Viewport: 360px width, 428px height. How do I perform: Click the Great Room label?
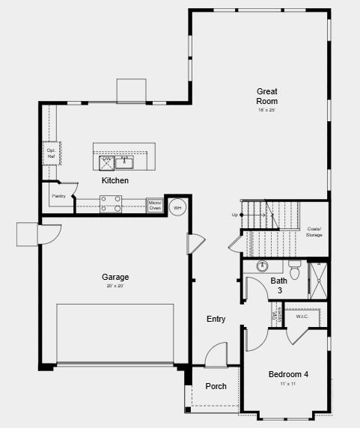point(266,96)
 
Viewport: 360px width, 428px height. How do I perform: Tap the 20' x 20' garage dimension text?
point(115,287)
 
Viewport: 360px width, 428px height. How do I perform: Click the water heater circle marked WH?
point(178,207)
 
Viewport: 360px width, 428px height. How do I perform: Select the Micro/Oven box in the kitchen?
point(155,205)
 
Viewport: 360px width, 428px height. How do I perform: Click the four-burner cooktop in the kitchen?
point(112,204)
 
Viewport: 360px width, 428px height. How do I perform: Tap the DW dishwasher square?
point(106,162)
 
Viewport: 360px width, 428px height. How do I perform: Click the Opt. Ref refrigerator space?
point(51,153)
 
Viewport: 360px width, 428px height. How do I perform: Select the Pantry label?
point(58,196)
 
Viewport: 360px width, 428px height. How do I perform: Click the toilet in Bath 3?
point(294,270)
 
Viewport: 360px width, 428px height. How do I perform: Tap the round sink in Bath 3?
point(263,266)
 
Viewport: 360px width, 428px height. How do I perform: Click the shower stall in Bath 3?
point(317,279)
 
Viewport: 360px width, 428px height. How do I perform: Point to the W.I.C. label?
point(302,317)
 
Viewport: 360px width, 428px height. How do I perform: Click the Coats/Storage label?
point(314,232)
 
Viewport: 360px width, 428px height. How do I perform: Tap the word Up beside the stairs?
point(235,215)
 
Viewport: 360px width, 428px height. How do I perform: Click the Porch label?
point(216,386)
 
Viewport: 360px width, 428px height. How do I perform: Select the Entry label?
point(216,319)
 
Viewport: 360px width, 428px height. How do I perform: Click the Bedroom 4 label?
point(288,374)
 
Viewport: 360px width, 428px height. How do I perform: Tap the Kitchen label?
point(115,180)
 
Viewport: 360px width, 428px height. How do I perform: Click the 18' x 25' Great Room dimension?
point(266,110)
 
